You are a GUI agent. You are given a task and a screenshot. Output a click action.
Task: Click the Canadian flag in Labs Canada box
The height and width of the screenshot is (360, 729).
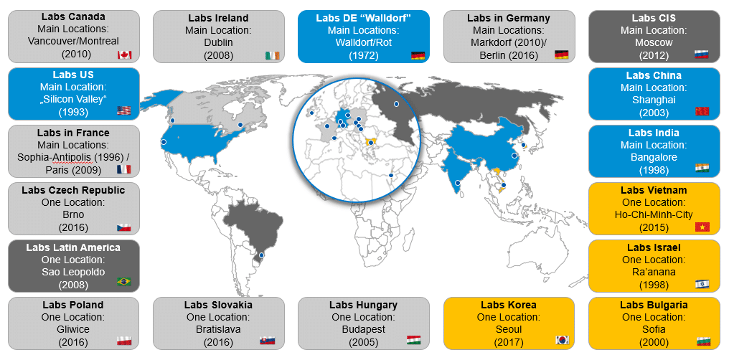[124, 55]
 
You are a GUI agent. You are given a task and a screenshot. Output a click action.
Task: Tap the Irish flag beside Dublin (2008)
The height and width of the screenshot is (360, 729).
[272, 55]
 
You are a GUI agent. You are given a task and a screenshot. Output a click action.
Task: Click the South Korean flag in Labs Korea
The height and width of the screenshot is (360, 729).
[561, 341]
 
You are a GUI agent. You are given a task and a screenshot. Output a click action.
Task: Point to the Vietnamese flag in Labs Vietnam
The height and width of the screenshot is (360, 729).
[702, 227]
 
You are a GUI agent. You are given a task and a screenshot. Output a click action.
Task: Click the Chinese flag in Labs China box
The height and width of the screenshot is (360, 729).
[702, 112]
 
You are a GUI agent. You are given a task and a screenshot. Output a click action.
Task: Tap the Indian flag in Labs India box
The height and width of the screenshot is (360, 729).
[702, 169]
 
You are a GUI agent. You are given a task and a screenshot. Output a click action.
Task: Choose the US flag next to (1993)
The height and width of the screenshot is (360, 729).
[124, 111]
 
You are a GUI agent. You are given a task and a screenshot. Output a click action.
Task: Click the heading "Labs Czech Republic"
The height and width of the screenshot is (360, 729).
[73, 190]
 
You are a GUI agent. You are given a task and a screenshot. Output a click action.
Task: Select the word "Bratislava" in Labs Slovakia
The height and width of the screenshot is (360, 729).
[218, 329]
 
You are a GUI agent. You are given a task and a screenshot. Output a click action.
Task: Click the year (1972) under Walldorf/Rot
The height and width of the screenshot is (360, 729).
[363, 55]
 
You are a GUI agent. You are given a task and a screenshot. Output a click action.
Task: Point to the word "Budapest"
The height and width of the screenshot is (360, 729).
[363, 329]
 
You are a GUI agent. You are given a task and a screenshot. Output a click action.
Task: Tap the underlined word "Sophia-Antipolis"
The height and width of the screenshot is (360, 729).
[59, 157]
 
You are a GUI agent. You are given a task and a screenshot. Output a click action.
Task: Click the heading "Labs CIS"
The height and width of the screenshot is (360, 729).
[654, 17]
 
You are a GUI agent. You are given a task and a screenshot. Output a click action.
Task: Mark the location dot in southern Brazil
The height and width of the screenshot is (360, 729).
[261, 255]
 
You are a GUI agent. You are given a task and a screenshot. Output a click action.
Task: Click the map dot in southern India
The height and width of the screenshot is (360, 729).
[458, 183]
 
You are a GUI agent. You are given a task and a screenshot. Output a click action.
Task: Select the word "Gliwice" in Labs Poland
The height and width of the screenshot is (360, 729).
[73, 329]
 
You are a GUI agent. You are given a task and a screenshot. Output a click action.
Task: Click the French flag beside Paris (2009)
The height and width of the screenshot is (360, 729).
[124, 169]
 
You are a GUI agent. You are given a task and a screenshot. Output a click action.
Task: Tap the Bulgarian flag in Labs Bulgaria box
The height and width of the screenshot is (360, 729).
[702, 341]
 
